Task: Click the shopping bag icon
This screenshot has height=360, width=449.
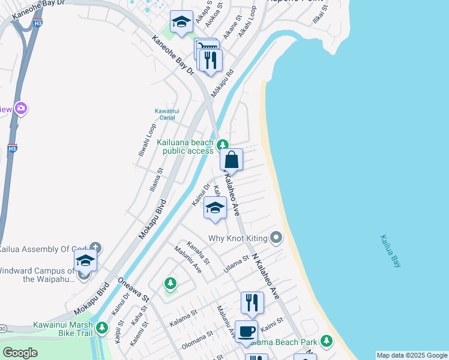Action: pyautogui.click(x=232, y=160)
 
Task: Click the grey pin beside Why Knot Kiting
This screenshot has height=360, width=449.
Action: pyautogui.click(x=276, y=238)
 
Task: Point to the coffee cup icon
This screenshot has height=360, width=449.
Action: pyautogui.click(x=246, y=331)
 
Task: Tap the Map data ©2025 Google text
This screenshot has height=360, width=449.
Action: pyautogui.click(x=412, y=355)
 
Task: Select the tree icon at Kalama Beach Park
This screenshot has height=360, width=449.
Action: pyautogui.click(x=326, y=341)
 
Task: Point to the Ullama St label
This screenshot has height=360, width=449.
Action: pyautogui.click(x=236, y=263)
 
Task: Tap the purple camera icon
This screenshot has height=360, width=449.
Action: pyautogui.click(x=22, y=109)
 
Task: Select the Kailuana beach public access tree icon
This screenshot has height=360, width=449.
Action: pyautogui.click(x=223, y=145)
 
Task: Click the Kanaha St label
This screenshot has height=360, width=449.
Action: pyautogui.click(x=198, y=253)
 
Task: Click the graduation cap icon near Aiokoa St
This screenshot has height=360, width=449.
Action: pyautogui.click(x=180, y=23)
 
